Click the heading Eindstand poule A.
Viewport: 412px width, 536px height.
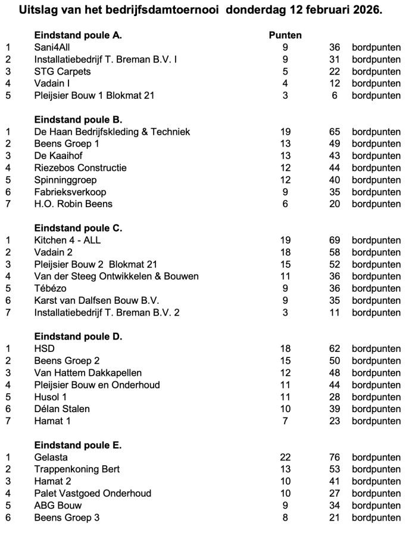tap(78, 35)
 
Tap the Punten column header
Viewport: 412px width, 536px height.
tap(285, 35)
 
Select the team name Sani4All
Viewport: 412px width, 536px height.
tap(54, 47)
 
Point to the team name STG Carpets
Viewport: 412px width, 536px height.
tap(63, 71)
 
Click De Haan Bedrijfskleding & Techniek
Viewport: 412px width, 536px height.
tap(112, 132)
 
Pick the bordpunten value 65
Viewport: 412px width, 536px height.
tap(334, 132)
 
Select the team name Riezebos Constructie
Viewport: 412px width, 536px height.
tap(80, 168)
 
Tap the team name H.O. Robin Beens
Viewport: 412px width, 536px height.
tap(73, 204)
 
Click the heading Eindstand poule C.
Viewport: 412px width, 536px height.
tap(78, 228)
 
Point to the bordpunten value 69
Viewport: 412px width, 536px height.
tap(334, 240)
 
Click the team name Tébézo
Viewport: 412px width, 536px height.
tap(51, 288)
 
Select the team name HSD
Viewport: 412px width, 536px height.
tap(44, 348)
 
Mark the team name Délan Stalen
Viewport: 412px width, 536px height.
tap(62, 409)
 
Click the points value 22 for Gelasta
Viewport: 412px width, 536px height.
tap(285, 457)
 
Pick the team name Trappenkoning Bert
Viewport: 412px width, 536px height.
tap(77, 469)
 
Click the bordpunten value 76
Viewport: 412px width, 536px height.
tap(334, 457)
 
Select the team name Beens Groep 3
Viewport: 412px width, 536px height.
tap(67, 518)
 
